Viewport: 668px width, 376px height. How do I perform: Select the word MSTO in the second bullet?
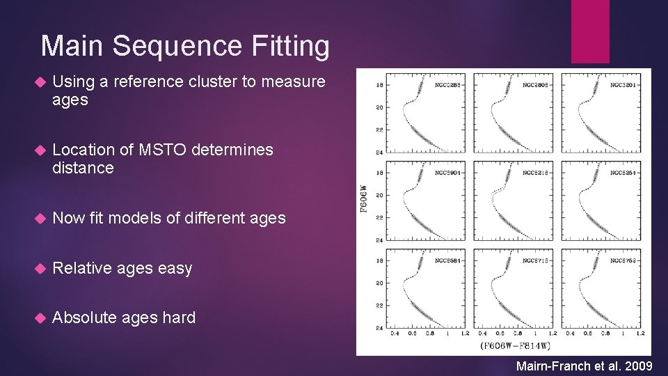[x=163, y=150]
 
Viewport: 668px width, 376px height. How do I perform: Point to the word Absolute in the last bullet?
[x=84, y=318]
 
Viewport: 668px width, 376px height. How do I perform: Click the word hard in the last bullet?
[x=179, y=318]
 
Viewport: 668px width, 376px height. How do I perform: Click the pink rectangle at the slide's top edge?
[x=590, y=31]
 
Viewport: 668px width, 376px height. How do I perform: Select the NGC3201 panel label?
[x=624, y=85]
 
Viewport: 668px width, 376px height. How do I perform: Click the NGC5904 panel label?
[x=449, y=172]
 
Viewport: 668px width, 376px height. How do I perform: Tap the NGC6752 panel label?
[x=624, y=260]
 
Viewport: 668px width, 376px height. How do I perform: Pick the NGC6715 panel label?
[x=536, y=260]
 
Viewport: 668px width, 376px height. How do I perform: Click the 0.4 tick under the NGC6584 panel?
[x=395, y=334]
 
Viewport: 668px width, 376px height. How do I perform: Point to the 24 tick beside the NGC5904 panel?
[x=379, y=240]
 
